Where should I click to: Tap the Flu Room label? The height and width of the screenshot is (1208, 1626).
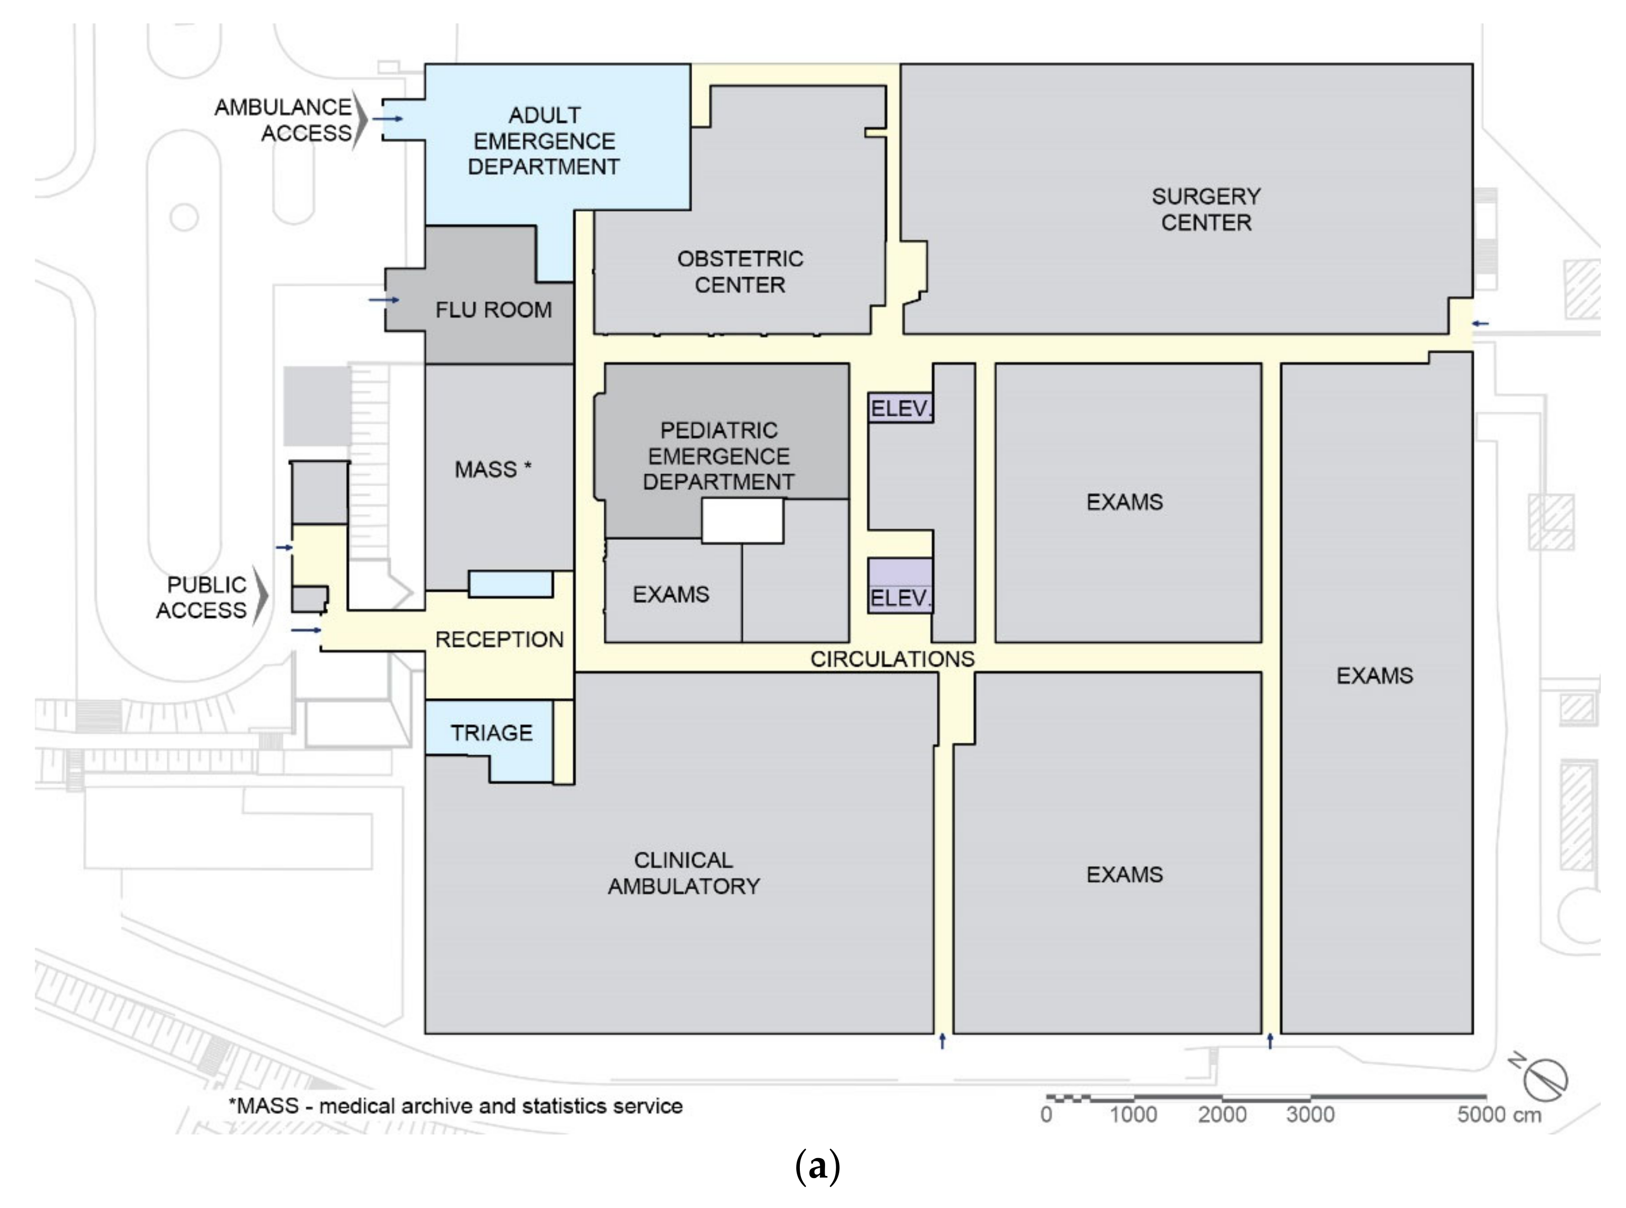pyautogui.click(x=494, y=310)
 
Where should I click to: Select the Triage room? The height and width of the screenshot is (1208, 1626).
pyautogui.click(x=491, y=733)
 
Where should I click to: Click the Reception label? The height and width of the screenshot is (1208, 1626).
pyautogui.click(x=499, y=640)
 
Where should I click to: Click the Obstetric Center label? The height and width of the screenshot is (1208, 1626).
pyautogui.click(x=740, y=272)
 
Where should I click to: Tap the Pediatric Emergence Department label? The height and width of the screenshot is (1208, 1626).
pyautogui.click(x=718, y=456)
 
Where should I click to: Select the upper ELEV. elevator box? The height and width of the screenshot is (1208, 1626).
pyautogui.click(x=900, y=409)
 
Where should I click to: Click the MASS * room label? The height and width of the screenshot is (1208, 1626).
pyautogui.click(x=493, y=470)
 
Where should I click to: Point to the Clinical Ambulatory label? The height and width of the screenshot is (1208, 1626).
pyautogui.click(x=684, y=873)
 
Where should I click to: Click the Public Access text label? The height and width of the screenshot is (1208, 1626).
pyautogui.click(x=202, y=597)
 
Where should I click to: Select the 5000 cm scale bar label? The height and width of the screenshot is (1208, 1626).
pyautogui.click(x=1499, y=1115)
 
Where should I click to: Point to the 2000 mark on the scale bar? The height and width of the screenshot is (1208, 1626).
pyautogui.click(x=1222, y=1115)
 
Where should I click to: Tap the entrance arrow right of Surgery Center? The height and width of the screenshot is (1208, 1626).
pyautogui.click(x=1481, y=323)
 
